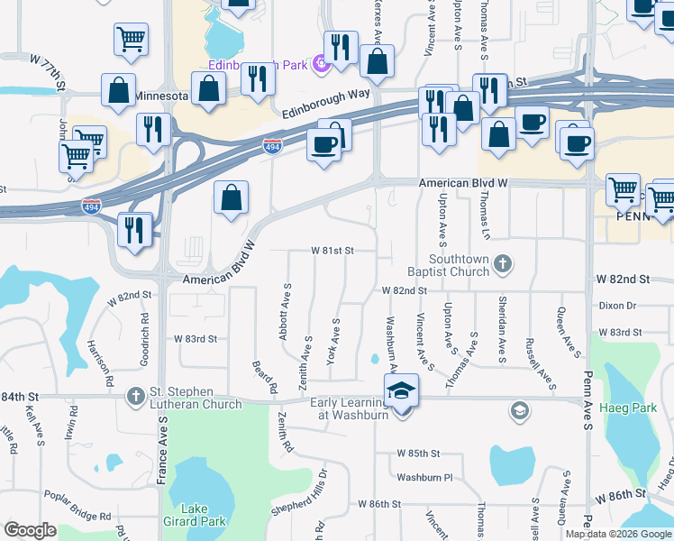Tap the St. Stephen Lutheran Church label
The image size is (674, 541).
194,398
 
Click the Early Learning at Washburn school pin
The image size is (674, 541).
401,392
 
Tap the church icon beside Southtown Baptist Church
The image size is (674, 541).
504,263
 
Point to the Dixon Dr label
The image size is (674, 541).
618,306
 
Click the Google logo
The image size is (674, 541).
31,530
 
